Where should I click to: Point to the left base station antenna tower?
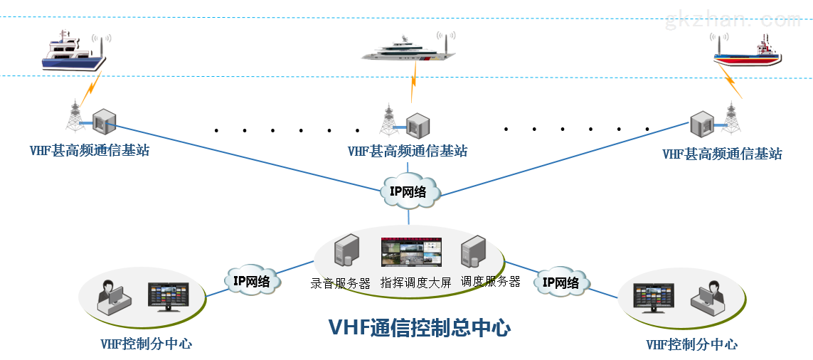[74, 117]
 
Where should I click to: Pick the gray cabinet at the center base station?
[418, 125]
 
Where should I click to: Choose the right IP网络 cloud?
[561, 282]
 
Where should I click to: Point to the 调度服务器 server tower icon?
[474, 254]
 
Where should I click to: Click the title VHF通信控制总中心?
[419, 328]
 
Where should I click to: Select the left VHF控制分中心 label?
[146, 344]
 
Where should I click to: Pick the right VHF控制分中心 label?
[691, 345]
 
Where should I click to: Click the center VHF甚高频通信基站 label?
[408, 152]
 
